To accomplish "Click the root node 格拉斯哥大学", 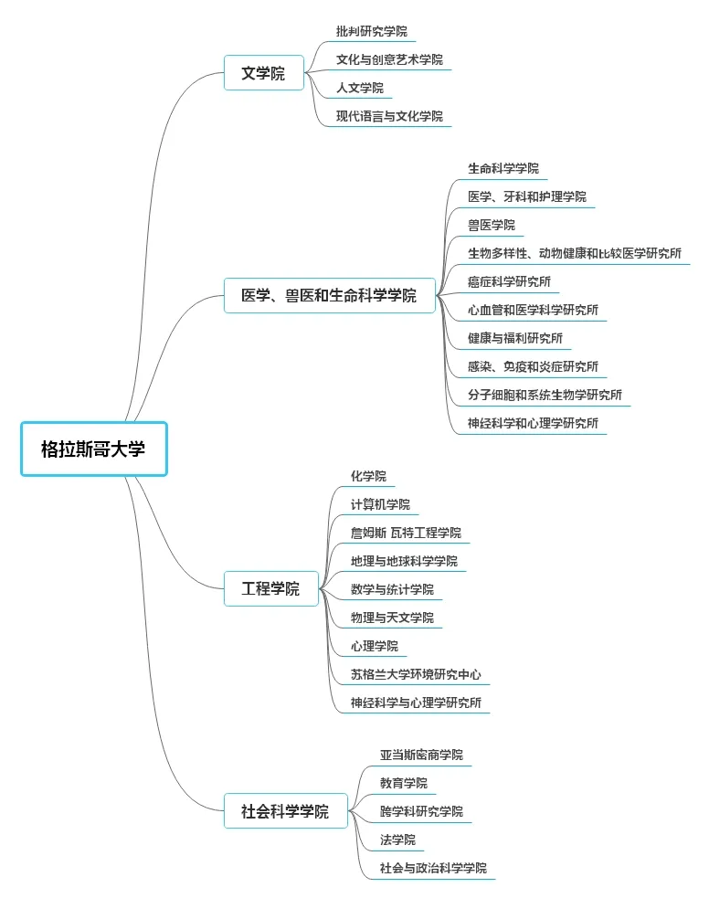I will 93,449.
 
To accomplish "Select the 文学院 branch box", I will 263,73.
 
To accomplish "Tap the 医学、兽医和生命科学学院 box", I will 329,295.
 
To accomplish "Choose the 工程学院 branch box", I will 270,588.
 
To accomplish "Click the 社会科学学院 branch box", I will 285,811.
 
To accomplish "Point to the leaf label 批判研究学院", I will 371,31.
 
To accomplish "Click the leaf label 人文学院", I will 359,88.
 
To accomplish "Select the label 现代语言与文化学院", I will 389,116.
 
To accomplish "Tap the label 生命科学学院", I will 503,168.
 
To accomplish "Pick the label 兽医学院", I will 491,225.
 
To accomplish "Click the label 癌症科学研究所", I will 509,281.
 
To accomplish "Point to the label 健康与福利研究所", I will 514,338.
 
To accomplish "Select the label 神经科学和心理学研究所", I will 533,423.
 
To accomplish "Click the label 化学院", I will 368,476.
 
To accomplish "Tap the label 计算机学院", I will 380,504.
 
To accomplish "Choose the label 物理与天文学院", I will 392,618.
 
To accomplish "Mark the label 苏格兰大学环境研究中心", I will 416,674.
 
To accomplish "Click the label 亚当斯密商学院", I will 421,755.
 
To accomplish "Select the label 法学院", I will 397,840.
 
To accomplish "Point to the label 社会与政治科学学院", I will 433,868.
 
